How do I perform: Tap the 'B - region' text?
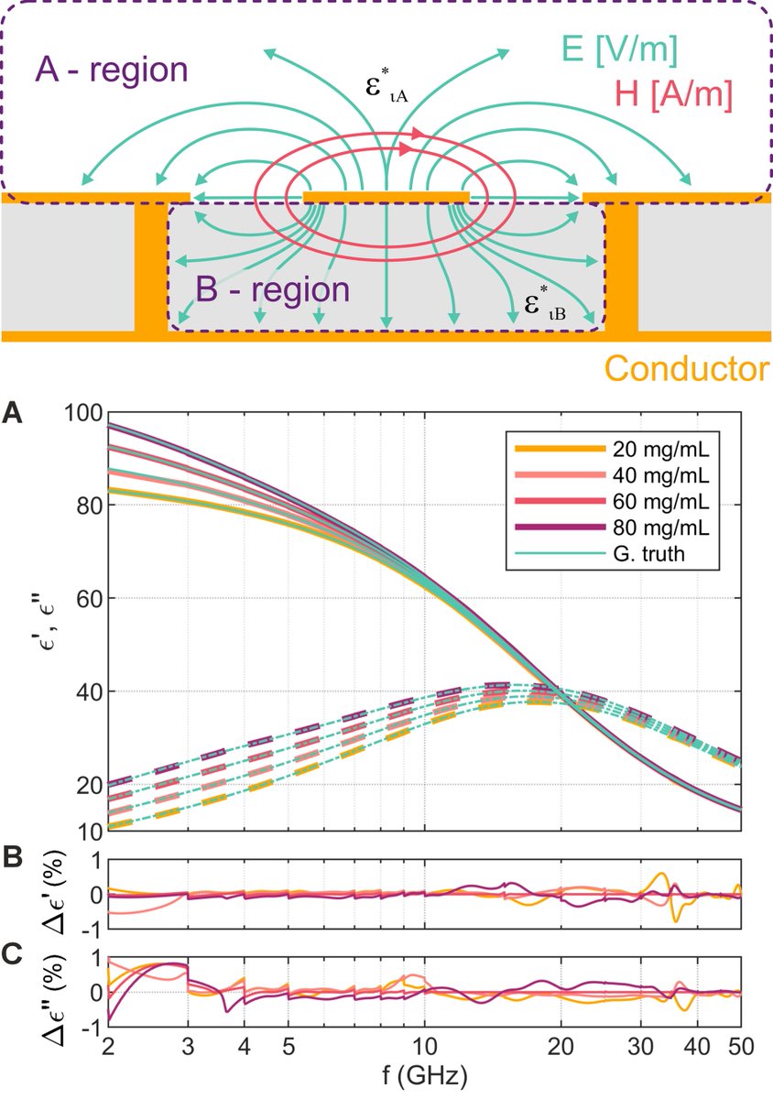[x=272, y=289]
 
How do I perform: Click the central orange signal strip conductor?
[x=386, y=197]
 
